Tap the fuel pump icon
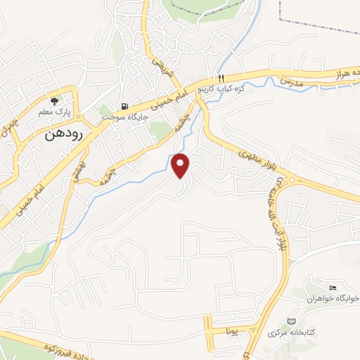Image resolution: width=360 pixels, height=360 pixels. (124, 106)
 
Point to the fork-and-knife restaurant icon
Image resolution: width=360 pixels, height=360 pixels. (221, 79)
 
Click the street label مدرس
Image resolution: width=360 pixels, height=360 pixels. (290, 82)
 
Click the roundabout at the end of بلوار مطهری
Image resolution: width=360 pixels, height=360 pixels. (290, 181)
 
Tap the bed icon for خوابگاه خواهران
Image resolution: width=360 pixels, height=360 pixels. (333, 288)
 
